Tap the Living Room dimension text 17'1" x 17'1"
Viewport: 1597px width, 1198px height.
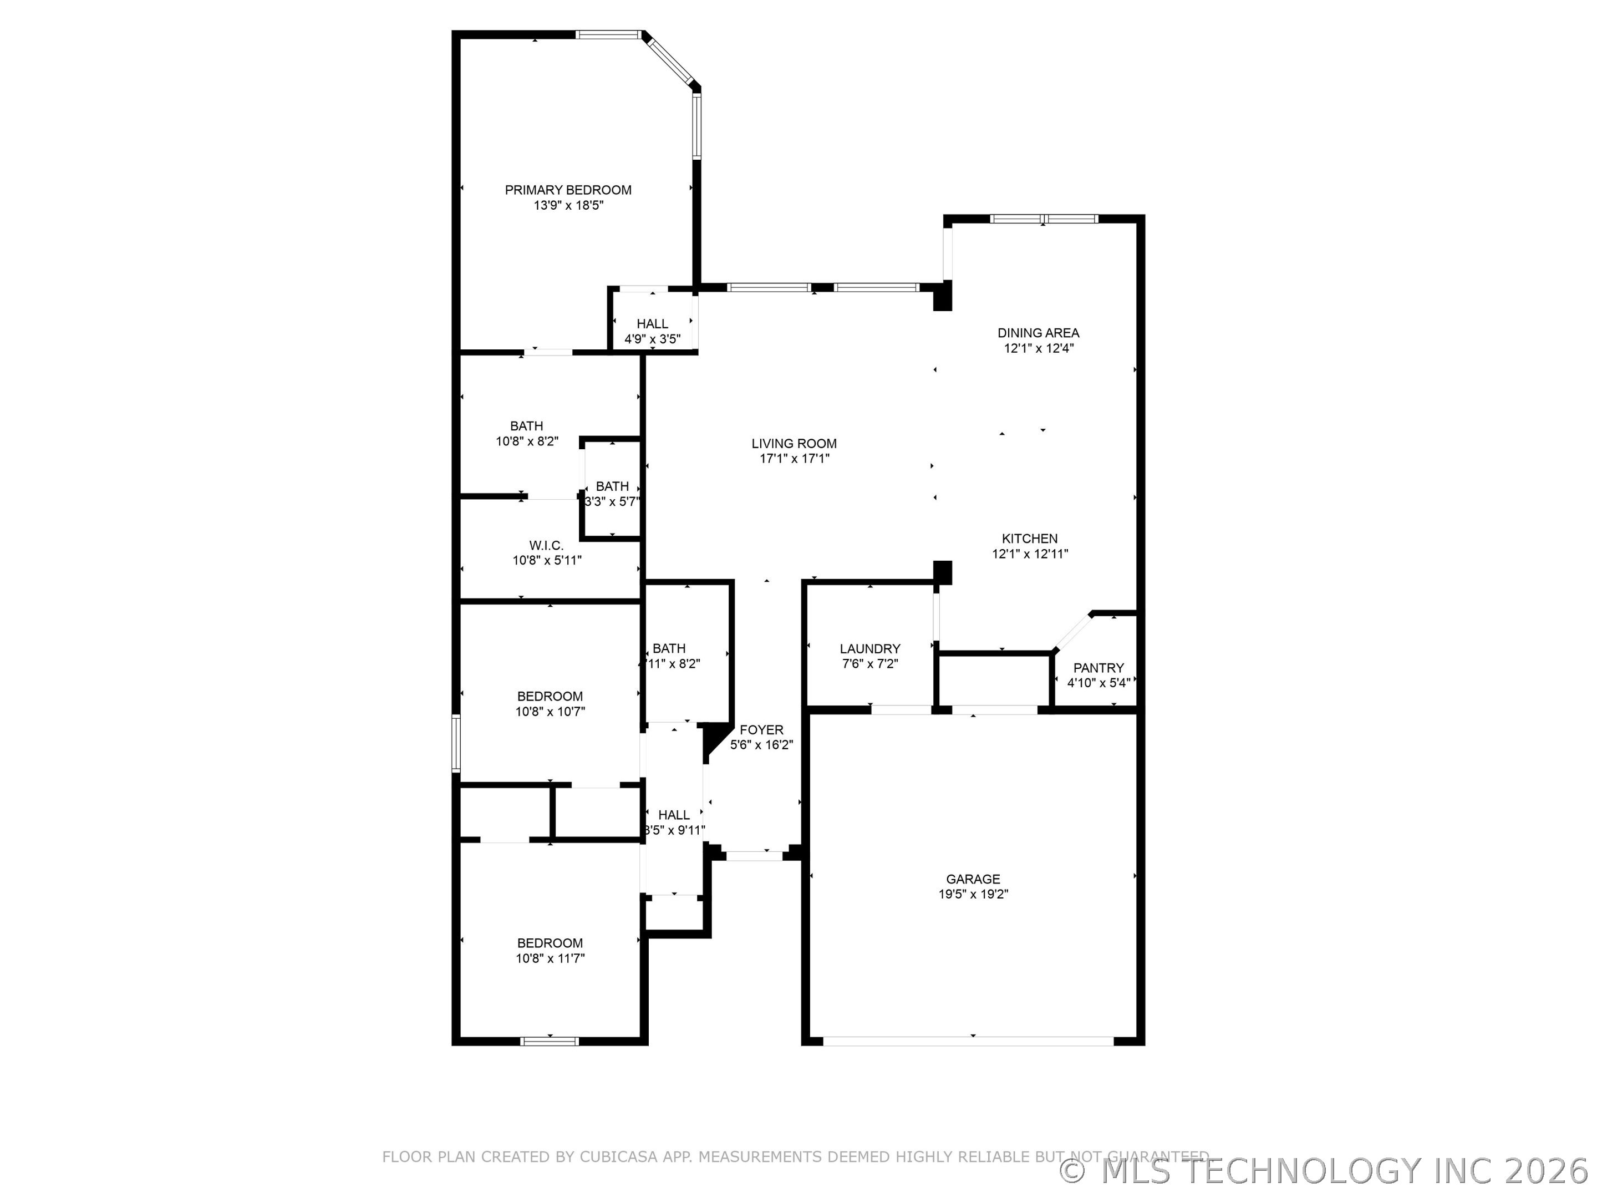coord(794,459)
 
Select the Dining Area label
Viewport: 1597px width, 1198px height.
coord(1038,333)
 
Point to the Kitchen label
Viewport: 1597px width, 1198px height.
coord(1030,539)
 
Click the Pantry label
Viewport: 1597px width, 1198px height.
coord(1098,668)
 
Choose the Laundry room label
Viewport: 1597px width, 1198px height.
coord(870,648)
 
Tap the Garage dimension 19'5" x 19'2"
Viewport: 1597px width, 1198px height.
coord(973,894)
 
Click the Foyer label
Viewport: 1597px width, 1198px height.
coord(761,730)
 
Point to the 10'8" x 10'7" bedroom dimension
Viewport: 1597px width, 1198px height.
coord(550,711)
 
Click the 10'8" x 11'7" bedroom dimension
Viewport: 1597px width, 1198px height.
coord(550,958)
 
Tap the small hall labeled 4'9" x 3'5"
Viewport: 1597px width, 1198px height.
coord(652,339)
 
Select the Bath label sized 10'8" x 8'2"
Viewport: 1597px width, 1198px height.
coord(526,426)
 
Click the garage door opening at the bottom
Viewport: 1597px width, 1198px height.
coord(968,1040)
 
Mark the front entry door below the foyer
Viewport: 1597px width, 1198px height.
coord(754,856)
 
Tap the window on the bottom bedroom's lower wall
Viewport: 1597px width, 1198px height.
coord(550,1040)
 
